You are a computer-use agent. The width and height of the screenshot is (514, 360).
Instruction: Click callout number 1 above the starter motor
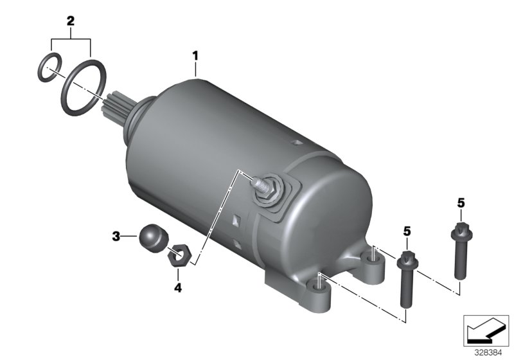(x=195, y=56)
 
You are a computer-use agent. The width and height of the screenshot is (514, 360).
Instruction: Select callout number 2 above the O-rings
(x=71, y=21)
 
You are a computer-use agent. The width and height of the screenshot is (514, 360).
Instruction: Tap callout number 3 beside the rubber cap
(x=116, y=236)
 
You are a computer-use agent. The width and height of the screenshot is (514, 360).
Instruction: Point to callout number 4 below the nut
(x=178, y=288)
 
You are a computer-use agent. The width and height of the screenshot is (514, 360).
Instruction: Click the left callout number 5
(x=407, y=231)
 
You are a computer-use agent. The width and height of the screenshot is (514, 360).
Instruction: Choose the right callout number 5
(x=461, y=203)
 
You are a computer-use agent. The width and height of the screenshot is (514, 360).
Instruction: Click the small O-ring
(x=49, y=67)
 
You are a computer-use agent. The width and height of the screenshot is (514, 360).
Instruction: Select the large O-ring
(x=84, y=88)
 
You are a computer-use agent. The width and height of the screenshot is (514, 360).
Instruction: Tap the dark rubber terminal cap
(x=154, y=239)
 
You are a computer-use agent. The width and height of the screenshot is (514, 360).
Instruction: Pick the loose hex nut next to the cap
(x=178, y=255)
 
